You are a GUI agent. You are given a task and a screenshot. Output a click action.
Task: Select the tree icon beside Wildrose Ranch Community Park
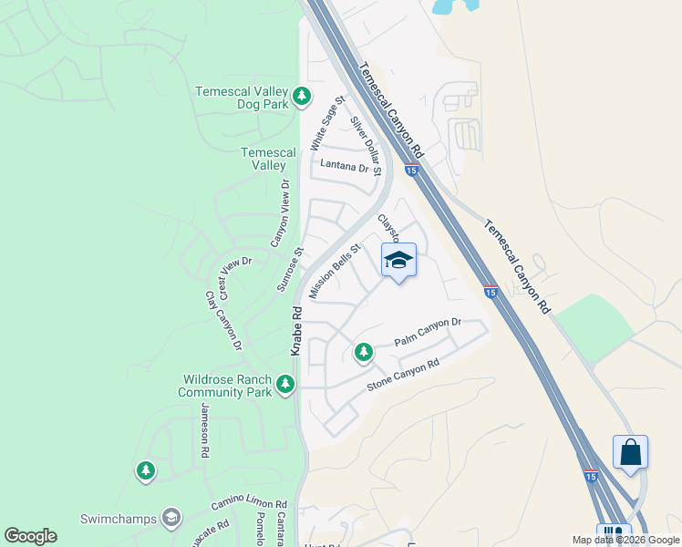click(x=286, y=385)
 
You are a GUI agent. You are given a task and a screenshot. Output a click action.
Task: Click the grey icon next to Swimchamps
click(x=170, y=519)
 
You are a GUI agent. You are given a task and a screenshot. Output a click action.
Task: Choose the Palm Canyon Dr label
click(x=429, y=331)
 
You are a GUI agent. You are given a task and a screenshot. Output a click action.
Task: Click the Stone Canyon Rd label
click(x=403, y=375)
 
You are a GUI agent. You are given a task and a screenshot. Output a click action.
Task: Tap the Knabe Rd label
click(x=296, y=331)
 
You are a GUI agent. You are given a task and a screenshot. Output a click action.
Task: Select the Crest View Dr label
click(x=233, y=273)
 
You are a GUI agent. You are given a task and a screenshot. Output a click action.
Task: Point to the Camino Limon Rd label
click(x=249, y=504)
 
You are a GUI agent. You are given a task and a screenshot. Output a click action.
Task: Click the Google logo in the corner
click(x=30, y=536)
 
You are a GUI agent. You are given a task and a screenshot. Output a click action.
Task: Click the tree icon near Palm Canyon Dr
click(x=363, y=352)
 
